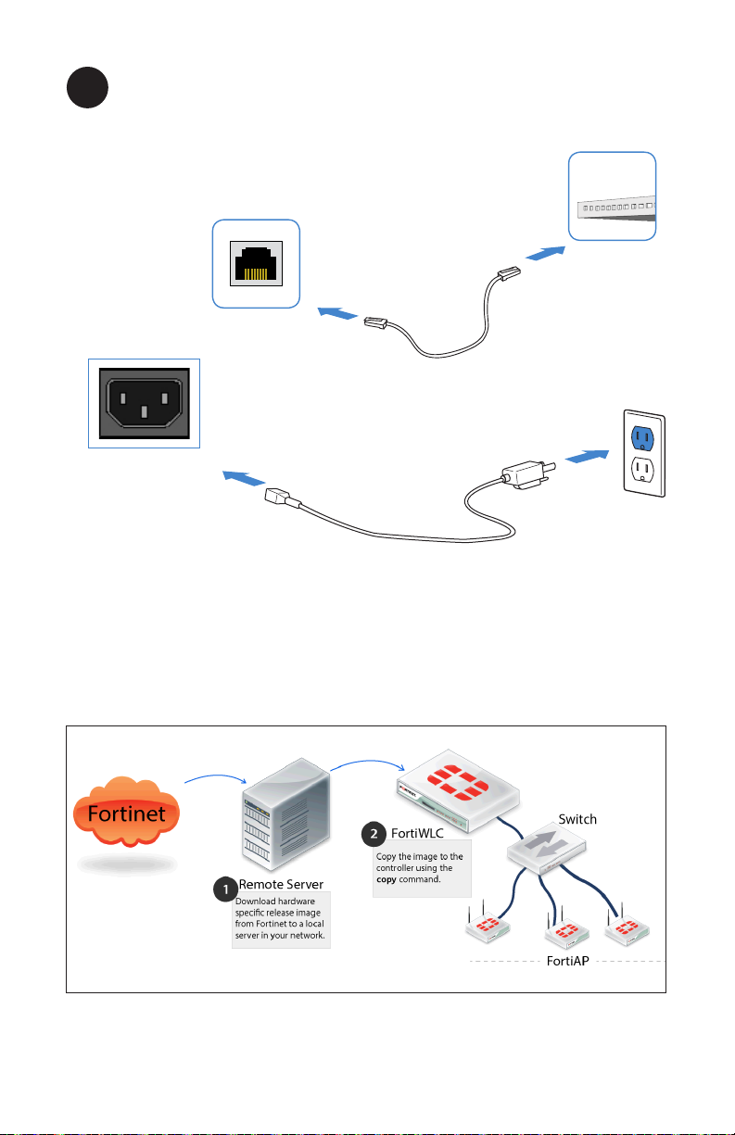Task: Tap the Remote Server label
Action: pyautogui.click(x=281, y=885)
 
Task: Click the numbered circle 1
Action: pyautogui.click(x=223, y=890)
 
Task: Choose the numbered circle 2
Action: pyautogui.click(x=374, y=834)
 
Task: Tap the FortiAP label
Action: pyautogui.click(x=567, y=964)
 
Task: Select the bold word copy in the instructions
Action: pyautogui.click(x=387, y=879)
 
